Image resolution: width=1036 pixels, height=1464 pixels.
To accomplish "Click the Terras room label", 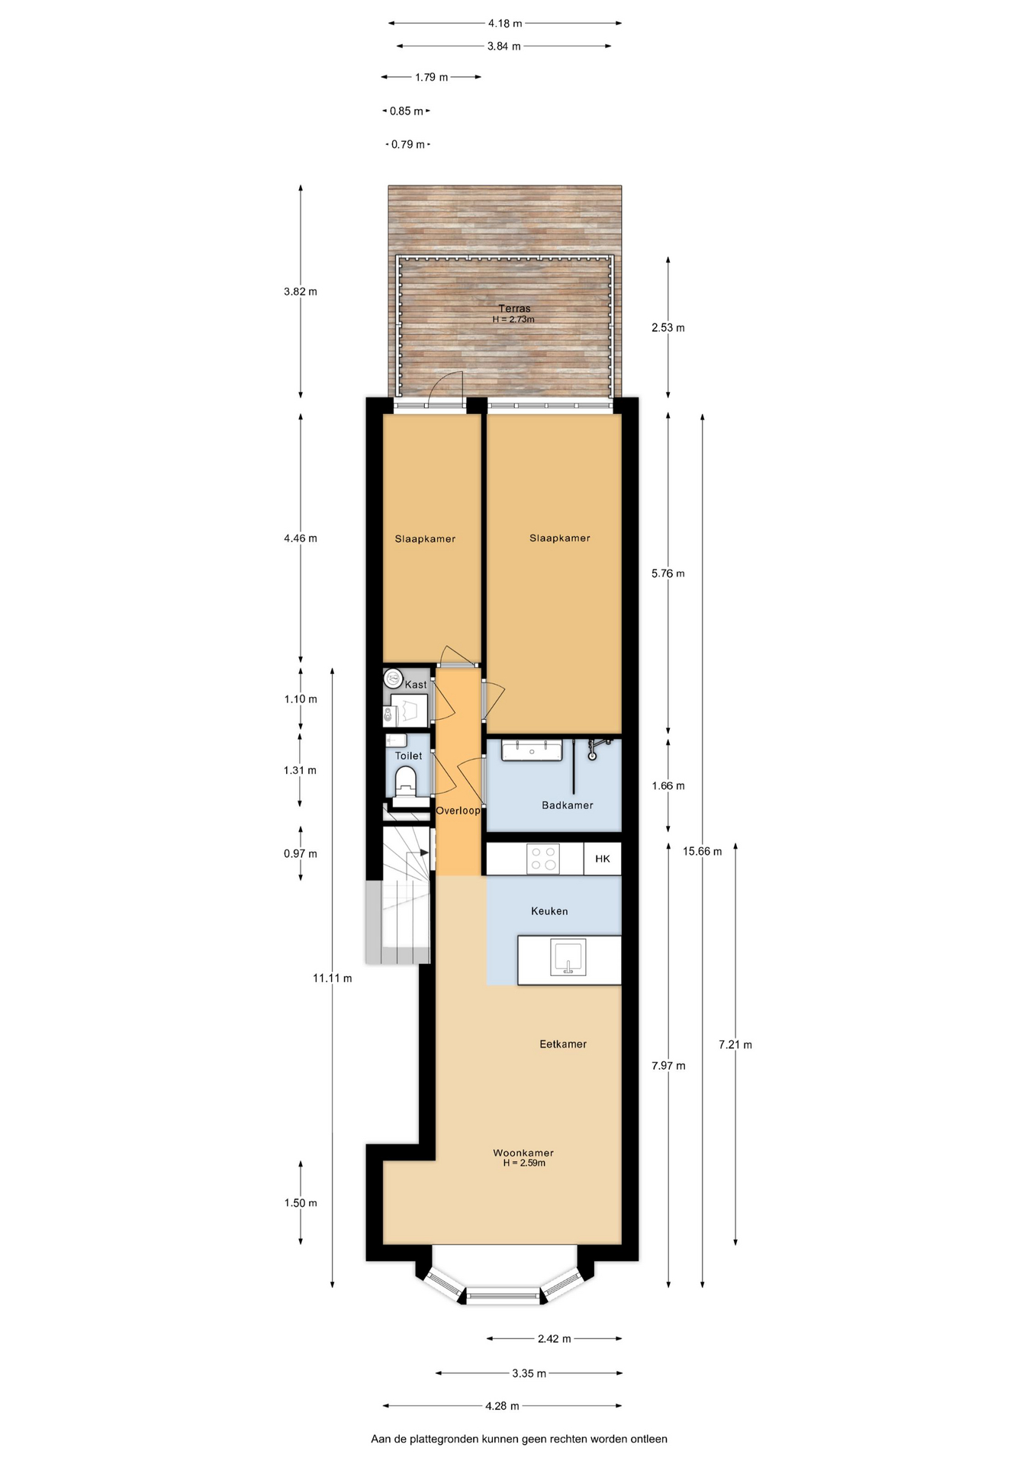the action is [514, 309].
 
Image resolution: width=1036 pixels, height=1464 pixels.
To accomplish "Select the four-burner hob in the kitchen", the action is [543, 859].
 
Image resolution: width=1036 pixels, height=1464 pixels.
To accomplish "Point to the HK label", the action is [603, 859].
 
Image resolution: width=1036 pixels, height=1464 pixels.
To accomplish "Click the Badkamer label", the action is [567, 805].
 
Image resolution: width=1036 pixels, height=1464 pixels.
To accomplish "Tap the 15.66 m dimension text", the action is [702, 851].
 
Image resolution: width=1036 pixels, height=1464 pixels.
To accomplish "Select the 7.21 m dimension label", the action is [735, 1045].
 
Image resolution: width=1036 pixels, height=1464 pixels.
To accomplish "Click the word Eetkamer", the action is [563, 1045].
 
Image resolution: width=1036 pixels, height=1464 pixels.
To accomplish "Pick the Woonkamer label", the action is [523, 1153].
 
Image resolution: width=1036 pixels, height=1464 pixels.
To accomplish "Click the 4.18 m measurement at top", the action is [505, 24].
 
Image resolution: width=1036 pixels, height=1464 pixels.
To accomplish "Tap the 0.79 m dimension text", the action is [408, 144].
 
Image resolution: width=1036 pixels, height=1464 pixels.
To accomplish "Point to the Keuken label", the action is [549, 911].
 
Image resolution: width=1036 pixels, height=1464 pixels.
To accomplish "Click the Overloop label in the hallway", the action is [458, 811].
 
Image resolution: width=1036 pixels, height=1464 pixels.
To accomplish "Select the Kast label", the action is [416, 685].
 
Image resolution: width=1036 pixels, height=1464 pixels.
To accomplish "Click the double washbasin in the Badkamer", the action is [532, 750].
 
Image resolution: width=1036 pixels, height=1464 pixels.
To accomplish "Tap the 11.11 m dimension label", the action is [333, 978].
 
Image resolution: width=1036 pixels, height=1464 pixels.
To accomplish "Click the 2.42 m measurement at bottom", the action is [555, 1338].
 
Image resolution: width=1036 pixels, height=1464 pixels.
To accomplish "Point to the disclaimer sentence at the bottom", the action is [519, 1439].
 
